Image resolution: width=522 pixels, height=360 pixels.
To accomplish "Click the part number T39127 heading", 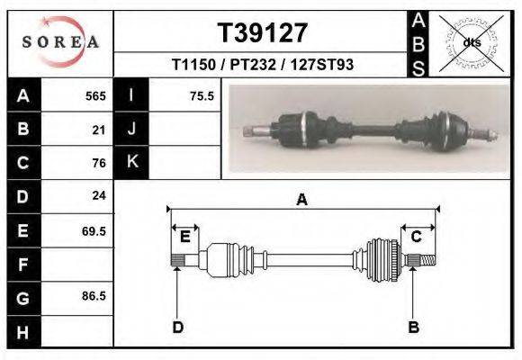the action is coord(262,33).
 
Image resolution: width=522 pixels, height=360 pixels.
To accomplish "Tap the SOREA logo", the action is coord(60,42).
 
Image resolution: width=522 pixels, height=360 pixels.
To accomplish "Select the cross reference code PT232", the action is coord(253,65).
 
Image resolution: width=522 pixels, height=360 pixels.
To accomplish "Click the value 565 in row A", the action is coord(95,96).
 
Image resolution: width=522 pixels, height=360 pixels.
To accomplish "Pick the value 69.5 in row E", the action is coord(94,231).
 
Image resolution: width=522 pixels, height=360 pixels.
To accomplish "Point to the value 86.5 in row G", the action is coord(94,296).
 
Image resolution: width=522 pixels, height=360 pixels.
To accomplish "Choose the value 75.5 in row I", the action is coord(202,96).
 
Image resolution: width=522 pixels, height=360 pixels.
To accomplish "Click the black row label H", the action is coord(24,332).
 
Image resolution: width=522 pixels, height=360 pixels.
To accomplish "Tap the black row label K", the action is coord(131,162).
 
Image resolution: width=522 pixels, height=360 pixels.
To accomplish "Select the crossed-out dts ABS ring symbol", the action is coord(472,43).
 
